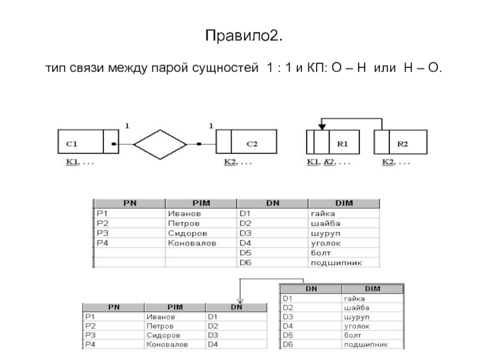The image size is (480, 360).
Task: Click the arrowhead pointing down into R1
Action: pos(322,126)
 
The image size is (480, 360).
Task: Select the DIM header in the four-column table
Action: pos(343,204)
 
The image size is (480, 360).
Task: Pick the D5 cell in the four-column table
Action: pos(247,253)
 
